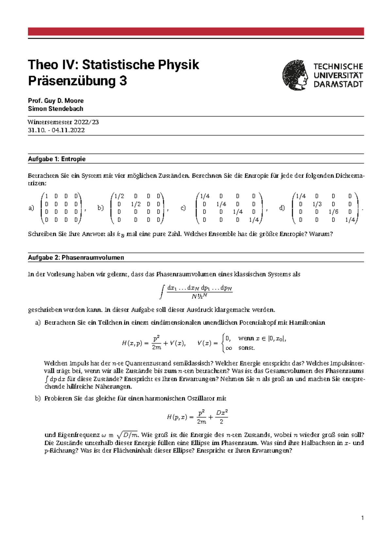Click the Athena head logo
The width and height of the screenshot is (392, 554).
tap(295, 75)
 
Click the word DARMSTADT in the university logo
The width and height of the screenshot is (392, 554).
tap(338, 84)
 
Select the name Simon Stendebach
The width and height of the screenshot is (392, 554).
tap(56, 109)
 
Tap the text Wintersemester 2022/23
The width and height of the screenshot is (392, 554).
tap(63, 122)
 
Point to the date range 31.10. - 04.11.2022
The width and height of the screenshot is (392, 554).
tap(57, 130)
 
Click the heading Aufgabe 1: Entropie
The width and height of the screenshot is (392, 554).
tap(57, 159)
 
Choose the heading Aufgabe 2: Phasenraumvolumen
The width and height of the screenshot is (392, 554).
tap(76, 258)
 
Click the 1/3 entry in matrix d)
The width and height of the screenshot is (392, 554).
tap(317, 204)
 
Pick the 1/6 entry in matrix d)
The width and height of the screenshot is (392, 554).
tap(333, 212)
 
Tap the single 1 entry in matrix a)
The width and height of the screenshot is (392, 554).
tap(47, 196)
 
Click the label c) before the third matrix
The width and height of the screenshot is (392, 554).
tap(183, 208)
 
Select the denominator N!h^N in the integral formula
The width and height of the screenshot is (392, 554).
tap(200, 297)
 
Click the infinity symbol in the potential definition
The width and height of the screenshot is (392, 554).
tap(229, 348)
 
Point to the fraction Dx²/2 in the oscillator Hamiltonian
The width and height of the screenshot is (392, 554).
tap(222, 417)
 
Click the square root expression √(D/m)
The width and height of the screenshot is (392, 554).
tap(128, 435)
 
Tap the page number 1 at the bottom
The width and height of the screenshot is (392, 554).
tap(362, 518)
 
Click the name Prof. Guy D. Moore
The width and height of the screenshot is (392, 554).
tap(56, 101)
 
